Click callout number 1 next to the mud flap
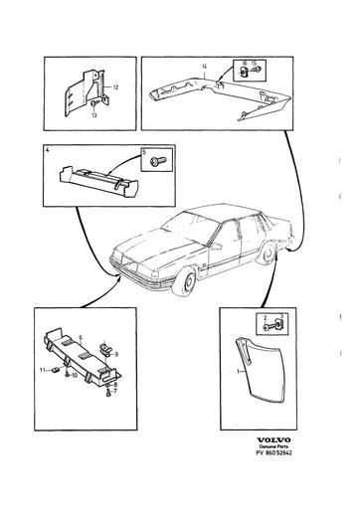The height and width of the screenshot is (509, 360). click(x=235, y=369)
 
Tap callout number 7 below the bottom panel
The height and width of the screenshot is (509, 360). click(x=115, y=392)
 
